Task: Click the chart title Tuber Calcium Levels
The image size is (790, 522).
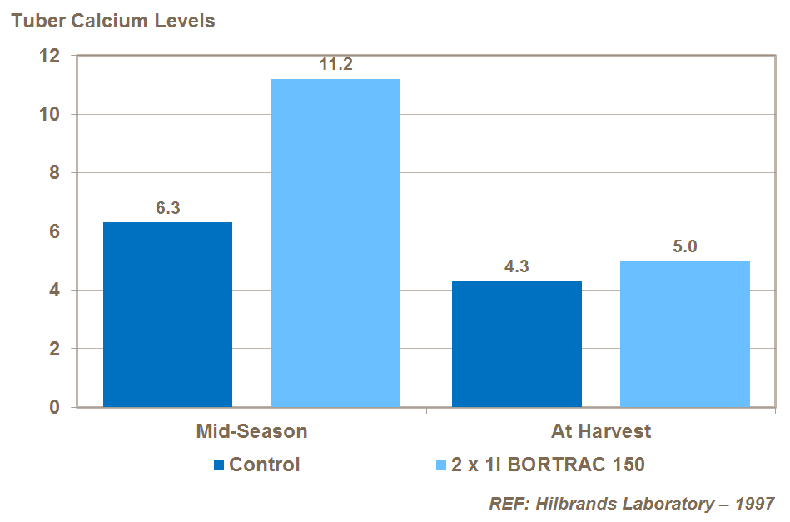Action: click(x=112, y=21)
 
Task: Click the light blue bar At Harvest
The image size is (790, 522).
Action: click(x=685, y=334)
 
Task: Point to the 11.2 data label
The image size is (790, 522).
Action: click(x=336, y=65)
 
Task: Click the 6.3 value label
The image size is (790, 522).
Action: click(x=168, y=208)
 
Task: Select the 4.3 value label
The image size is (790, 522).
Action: click(x=517, y=267)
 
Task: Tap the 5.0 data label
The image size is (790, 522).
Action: click(x=685, y=246)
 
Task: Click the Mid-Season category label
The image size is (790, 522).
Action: click(x=251, y=431)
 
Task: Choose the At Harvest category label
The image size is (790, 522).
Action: click(x=601, y=431)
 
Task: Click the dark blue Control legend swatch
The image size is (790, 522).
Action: click(x=219, y=465)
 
